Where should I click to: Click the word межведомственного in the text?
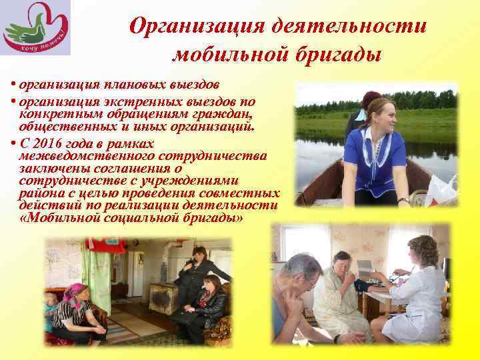pos(81,155)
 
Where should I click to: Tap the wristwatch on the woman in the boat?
pos(403,200)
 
